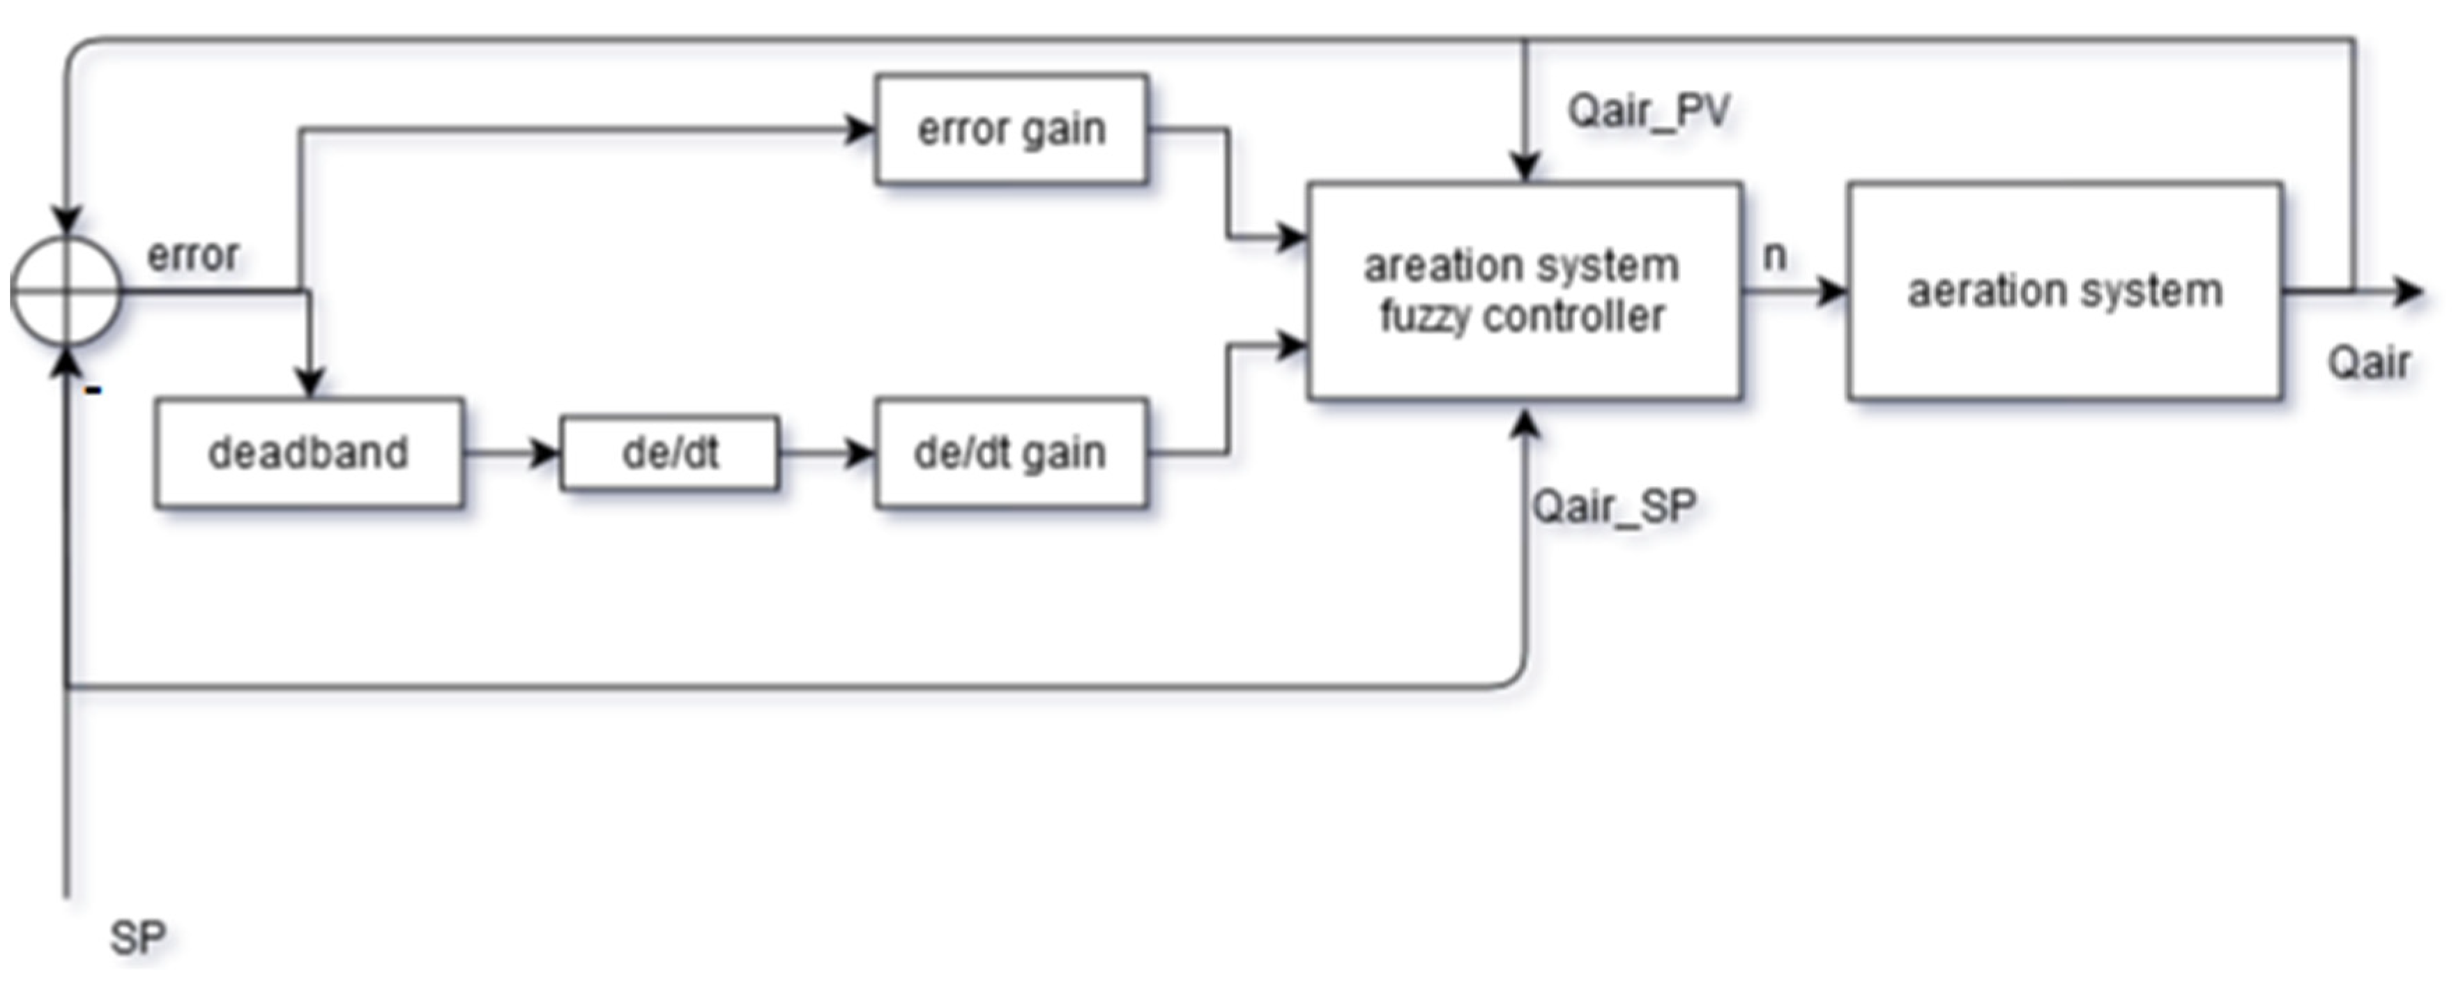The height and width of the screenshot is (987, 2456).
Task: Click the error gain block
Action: pyautogui.click(x=1011, y=129)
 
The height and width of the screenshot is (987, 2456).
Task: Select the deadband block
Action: pyautogui.click(x=309, y=452)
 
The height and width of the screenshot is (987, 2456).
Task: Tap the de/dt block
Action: pyautogui.click(x=669, y=452)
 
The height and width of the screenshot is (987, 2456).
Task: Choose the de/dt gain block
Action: pyautogui.click(x=1011, y=452)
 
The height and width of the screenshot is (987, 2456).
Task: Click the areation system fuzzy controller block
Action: pyautogui.click(x=1523, y=290)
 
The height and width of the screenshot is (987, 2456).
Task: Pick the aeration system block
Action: pyautogui.click(x=2064, y=290)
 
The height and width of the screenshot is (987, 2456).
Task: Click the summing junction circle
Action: pyautogui.click(x=66, y=290)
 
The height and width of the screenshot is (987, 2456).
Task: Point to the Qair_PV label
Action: pyautogui.click(x=1647, y=112)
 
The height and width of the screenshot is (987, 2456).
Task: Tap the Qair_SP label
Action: pyautogui.click(x=1613, y=505)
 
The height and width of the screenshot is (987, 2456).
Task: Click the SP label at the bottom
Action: pyautogui.click(x=137, y=938)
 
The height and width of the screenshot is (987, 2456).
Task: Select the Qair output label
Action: pyautogui.click(x=2368, y=362)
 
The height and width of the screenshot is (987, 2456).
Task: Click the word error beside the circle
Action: pyautogui.click(x=192, y=256)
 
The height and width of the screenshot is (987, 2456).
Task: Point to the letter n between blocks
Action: pyautogui.click(x=1774, y=256)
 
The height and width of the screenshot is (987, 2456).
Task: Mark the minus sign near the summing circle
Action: pyautogui.click(x=93, y=389)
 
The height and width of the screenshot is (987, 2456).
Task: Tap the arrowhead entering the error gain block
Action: pyautogui.click(x=860, y=129)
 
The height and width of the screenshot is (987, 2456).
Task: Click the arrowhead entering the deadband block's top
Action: pyautogui.click(x=309, y=383)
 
